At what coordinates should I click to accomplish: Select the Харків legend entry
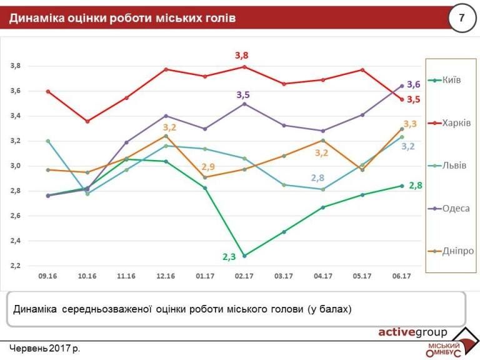click(451, 123)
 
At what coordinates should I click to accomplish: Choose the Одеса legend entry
click(451, 208)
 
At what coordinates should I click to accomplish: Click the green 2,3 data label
click(229, 256)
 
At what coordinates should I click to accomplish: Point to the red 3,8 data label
click(241, 56)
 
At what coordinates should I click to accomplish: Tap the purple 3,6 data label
click(413, 84)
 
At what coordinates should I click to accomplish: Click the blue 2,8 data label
click(317, 178)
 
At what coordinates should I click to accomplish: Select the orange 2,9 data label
click(208, 167)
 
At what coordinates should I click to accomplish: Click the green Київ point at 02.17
click(244, 256)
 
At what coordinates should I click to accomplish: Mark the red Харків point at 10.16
click(87, 121)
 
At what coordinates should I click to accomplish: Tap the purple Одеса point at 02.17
click(244, 104)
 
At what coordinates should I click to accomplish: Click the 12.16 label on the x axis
click(166, 276)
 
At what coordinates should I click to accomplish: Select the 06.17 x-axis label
click(401, 276)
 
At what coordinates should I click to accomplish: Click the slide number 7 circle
click(462, 17)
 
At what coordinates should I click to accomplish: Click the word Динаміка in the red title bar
click(37, 18)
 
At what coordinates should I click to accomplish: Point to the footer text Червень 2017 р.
click(45, 347)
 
